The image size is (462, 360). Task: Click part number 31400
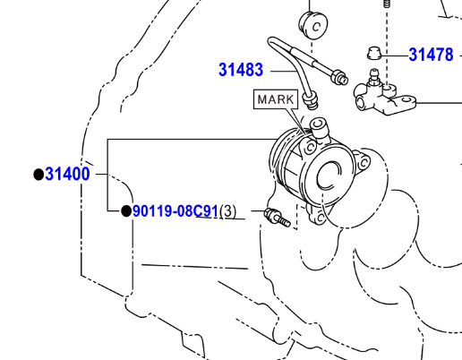(x=67, y=174)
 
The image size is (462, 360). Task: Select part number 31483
(x=241, y=70)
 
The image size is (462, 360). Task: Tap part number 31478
(x=431, y=55)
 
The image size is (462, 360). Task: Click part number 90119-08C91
(x=175, y=211)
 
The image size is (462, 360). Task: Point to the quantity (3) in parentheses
(x=227, y=211)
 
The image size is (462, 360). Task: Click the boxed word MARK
(x=276, y=99)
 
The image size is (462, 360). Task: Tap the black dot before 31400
(x=38, y=175)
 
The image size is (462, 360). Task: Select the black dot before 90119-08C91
(x=126, y=211)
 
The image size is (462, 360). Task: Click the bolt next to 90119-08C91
(x=277, y=218)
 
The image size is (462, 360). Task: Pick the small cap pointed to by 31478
(x=374, y=53)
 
